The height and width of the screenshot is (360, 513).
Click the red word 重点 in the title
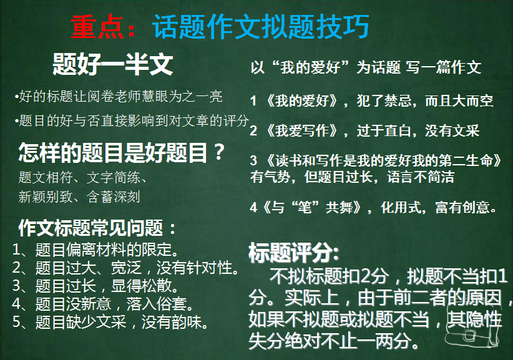(97, 27)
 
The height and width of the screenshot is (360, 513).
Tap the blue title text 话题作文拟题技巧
(261, 27)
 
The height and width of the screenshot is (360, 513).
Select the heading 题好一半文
(113, 64)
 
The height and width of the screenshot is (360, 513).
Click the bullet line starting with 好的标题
(119, 97)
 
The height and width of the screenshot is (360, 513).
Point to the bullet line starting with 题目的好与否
(132, 120)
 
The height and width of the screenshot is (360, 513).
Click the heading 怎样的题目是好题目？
(122, 152)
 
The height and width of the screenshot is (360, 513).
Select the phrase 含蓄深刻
(114, 197)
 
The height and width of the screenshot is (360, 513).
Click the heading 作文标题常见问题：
(97, 228)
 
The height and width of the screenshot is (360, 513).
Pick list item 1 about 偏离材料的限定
(95, 250)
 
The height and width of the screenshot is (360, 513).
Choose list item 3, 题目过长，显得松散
(95, 286)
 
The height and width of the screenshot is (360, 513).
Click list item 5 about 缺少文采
(110, 322)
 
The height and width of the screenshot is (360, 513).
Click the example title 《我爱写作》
(302, 131)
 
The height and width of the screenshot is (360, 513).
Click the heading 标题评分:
(294, 253)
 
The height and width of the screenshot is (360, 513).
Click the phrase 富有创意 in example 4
(462, 207)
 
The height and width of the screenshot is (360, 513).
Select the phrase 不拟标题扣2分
(329, 276)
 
